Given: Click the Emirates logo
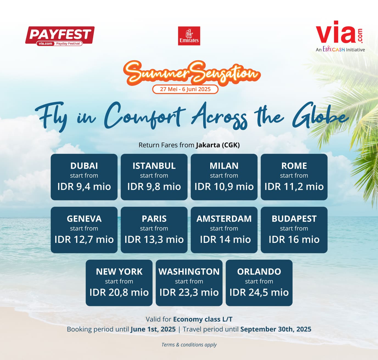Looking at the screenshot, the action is (x=189, y=36).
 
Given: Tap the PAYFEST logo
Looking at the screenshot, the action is (x=60, y=36).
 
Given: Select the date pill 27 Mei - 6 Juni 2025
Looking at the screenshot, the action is (x=185, y=89).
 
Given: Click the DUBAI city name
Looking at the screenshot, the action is (x=84, y=166).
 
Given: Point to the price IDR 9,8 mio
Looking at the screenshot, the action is (x=154, y=186).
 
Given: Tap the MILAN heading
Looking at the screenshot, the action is (x=224, y=166).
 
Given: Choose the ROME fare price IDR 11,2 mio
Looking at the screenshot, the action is (x=294, y=186).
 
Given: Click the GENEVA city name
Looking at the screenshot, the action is (x=84, y=219).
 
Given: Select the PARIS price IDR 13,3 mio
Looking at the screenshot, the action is (x=154, y=240).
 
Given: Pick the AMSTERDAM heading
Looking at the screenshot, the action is (x=224, y=219).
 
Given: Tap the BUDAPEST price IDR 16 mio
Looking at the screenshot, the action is (x=294, y=240).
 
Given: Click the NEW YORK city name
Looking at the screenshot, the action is (x=119, y=272).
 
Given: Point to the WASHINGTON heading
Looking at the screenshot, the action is (x=189, y=272).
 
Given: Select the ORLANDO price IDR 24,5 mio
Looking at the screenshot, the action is (x=259, y=292).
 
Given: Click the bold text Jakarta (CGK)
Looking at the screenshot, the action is (x=218, y=145).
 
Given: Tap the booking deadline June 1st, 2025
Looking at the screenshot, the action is (x=153, y=329).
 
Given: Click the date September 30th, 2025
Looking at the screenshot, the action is (x=276, y=329).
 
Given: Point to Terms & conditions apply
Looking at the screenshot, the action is (x=189, y=345).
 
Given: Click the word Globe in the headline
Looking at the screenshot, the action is (x=320, y=116).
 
